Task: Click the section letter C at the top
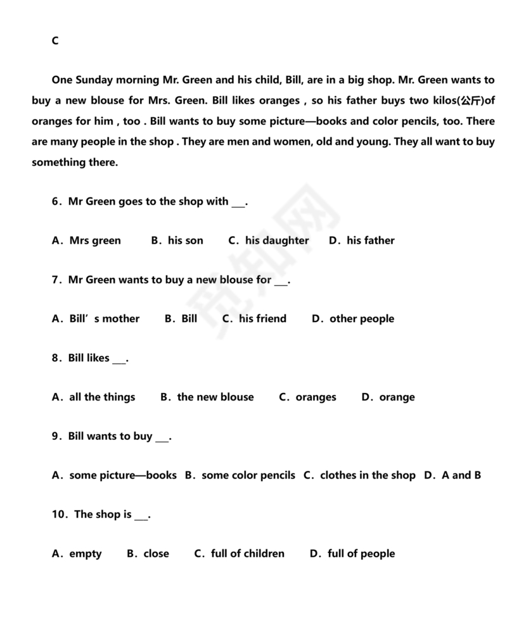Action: pyautogui.click(x=55, y=41)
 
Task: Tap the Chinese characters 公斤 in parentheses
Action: pyautogui.click(x=470, y=101)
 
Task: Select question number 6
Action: pyautogui.click(x=56, y=202)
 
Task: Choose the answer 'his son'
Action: pyautogui.click(x=185, y=240)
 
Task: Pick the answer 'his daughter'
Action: pyautogui.click(x=277, y=240)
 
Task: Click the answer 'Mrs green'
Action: pyautogui.click(x=94, y=240)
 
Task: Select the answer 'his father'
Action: pyautogui.click(x=370, y=240)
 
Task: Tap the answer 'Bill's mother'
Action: pyautogui.click(x=104, y=319)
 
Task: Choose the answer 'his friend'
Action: pyautogui.click(x=262, y=319)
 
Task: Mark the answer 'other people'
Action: pyautogui.click(x=361, y=319)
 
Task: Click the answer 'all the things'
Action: pyautogui.click(x=101, y=397)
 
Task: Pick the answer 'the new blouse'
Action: pyautogui.click(x=215, y=397)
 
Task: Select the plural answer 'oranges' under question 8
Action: pyautogui.click(x=316, y=397)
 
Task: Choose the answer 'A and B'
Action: pyautogui.click(x=461, y=475)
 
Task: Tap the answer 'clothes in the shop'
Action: pyautogui.click(x=368, y=475)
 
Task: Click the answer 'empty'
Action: pyautogui.click(x=85, y=554)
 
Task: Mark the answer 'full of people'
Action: pyautogui.click(x=361, y=554)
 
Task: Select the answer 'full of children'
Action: pyautogui.click(x=247, y=554)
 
